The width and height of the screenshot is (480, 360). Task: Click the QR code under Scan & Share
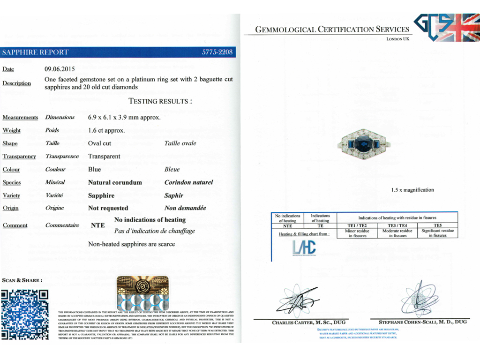(x=25, y=314)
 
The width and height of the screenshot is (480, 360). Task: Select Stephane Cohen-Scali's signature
(x=420, y=299)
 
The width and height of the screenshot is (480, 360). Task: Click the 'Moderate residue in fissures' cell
(x=397, y=233)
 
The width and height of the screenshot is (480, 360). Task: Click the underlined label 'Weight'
(x=12, y=130)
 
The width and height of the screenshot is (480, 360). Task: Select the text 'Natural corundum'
(x=115, y=182)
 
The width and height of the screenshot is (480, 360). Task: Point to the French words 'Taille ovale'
(x=180, y=143)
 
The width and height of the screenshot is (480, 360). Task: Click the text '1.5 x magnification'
(x=412, y=190)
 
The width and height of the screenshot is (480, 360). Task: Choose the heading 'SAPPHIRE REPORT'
(x=36, y=52)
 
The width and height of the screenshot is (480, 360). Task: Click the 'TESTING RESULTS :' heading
(x=160, y=101)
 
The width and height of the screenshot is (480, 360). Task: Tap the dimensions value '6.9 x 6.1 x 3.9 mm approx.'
(x=124, y=117)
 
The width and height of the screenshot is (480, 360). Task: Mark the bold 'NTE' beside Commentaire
(x=97, y=225)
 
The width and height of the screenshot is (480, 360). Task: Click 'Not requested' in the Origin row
(x=108, y=208)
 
